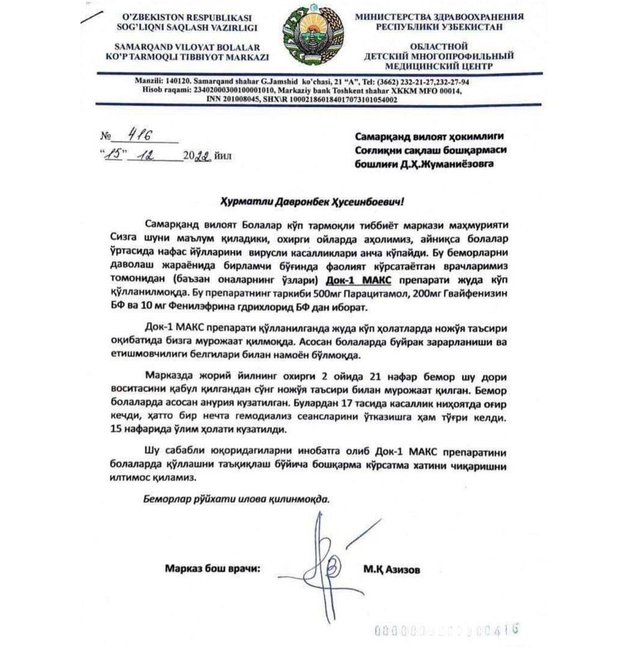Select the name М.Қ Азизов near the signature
pyautogui.click(x=391, y=570)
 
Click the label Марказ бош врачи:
pyautogui.click(x=212, y=569)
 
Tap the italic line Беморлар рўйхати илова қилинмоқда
pyautogui.click(x=235, y=499)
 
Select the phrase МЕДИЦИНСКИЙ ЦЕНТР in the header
pyautogui.click(x=439, y=66)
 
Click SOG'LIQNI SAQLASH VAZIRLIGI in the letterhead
pyautogui.click(x=184, y=27)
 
